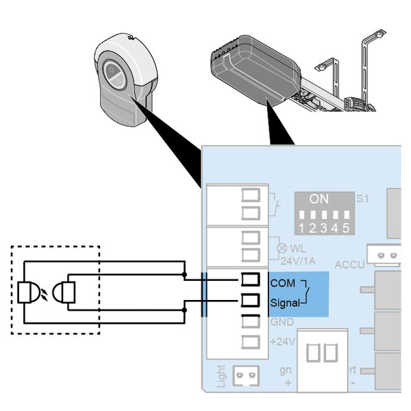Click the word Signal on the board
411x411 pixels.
point(285,302)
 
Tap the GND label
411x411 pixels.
point(281,321)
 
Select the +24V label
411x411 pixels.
point(282,341)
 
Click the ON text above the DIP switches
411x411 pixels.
point(319,199)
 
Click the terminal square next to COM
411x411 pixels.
point(251,280)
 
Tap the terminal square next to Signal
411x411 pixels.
point(251,300)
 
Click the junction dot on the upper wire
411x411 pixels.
point(185,275)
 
